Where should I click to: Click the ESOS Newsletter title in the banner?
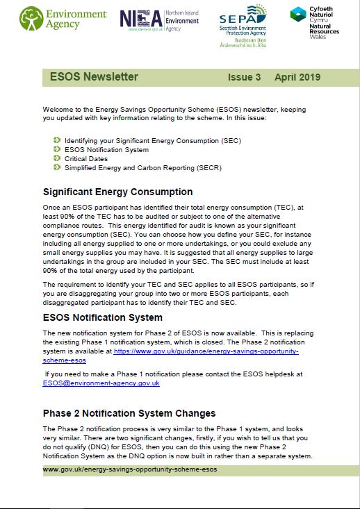(94, 77)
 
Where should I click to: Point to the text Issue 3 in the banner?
(244, 77)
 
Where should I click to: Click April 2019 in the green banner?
(297, 77)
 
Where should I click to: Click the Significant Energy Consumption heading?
(117, 192)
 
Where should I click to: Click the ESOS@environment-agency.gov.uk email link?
(101, 383)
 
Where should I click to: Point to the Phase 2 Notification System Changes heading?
(129, 414)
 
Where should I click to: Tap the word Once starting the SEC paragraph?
(52, 208)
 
